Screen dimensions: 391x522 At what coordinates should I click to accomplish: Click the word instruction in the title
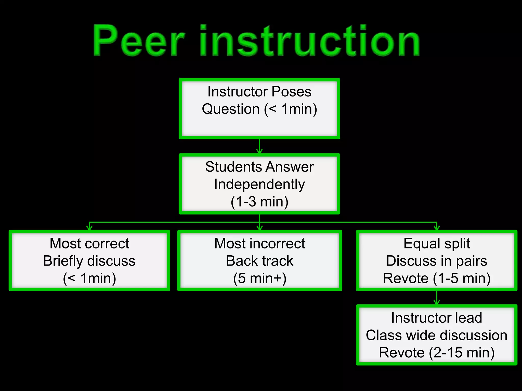(x=309, y=41)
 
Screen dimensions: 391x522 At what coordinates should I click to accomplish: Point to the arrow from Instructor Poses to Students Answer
(x=259, y=146)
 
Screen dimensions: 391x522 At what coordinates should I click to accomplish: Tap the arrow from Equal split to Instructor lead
(x=437, y=298)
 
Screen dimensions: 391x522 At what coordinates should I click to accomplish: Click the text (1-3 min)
(x=259, y=202)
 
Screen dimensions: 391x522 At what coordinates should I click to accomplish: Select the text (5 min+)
(x=259, y=278)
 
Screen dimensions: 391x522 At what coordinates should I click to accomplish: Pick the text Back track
(x=259, y=261)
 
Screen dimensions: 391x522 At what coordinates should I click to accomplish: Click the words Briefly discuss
(x=89, y=261)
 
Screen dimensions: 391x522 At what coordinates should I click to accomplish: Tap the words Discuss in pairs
(x=437, y=261)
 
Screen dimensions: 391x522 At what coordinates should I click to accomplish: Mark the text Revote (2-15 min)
(x=437, y=353)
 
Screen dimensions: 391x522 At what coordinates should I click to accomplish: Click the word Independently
(x=259, y=184)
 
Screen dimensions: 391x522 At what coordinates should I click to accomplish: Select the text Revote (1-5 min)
(x=437, y=278)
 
